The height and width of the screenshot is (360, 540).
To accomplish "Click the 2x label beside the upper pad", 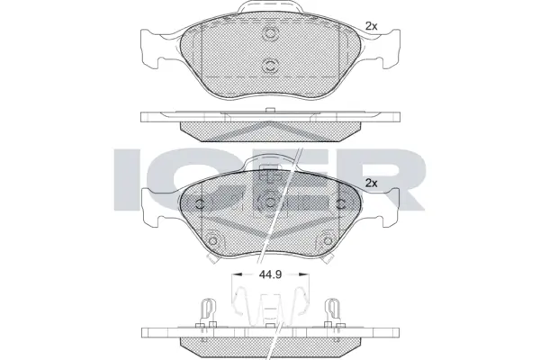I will coord(371,26).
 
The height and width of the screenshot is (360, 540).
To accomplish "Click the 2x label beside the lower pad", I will coord(371,183).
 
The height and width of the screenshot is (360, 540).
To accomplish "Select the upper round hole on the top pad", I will coord(270,34).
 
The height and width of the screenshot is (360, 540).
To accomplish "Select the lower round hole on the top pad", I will coord(270,65).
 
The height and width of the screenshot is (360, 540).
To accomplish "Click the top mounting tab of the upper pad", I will coord(270,11).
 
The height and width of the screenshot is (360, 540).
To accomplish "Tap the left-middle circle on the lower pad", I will coord(200,202).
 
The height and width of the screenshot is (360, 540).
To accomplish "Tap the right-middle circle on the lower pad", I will coord(340,202).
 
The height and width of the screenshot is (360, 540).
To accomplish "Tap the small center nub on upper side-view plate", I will coord(270,111).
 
